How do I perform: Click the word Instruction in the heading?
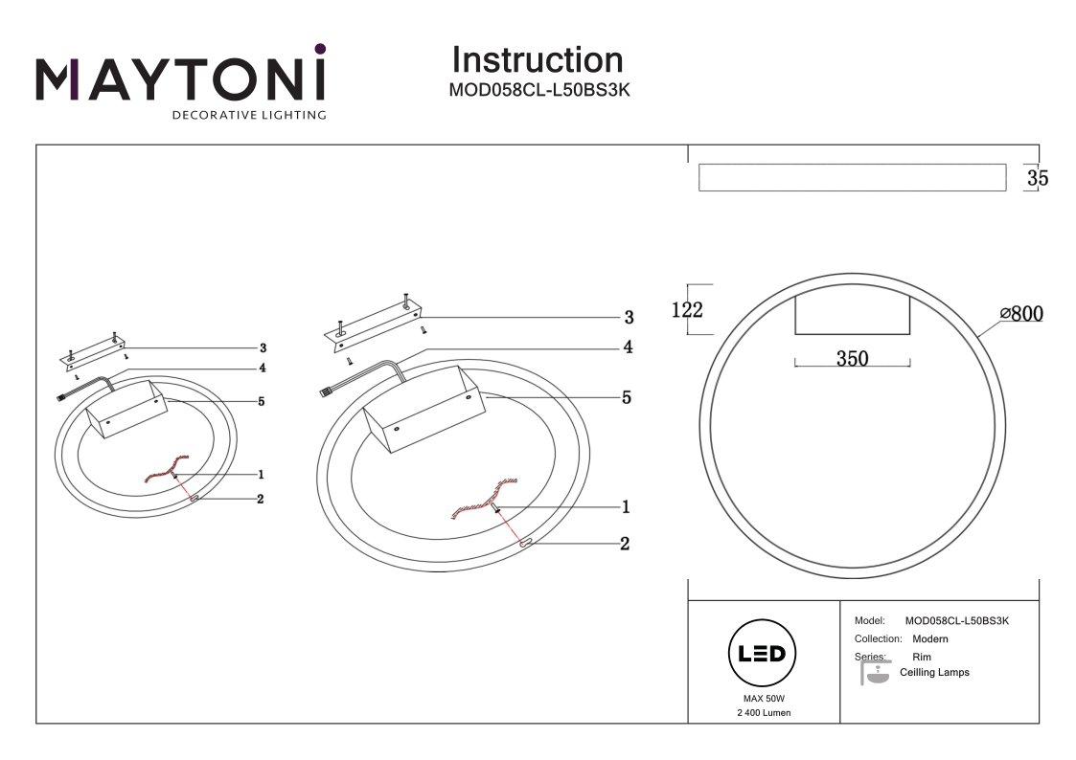pyautogui.click(x=537, y=59)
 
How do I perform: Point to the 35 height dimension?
pyautogui.click(x=1037, y=178)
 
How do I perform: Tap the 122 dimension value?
pyautogui.click(x=687, y=310)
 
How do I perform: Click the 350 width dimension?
pyautogui.click(x=852, y=359)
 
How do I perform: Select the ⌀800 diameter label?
pyautogui.click(x=1020, y=314)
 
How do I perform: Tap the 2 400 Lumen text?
pyautogui.click(x=764, y=713)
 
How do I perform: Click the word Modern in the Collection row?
pyautogui.click(x=930, y=638)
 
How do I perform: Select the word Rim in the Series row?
pyautogui.click(x=922, y=658)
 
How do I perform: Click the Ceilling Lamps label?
pyautogui.click(x=934, y=673)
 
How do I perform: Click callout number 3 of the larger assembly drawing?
pyautogui.click(x=629, y=317)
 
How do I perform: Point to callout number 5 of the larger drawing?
pyautogui.click(x=627, y=397)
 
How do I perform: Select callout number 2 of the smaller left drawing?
pyautogui.click(x=260, y=499)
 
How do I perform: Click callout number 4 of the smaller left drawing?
pyautogui.click(x=261, y=368)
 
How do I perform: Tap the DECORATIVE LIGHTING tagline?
pyautogui.click(x=248, y=116)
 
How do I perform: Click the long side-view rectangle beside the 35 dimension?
pyautogui.click(x=852, y=178)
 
